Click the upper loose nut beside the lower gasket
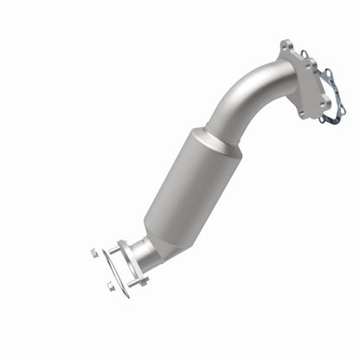pyautogui.click(x=93, y=252)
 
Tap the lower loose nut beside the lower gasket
pyautogui.click(x=111, y=286)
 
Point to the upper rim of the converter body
pyautogui.click(x=212, y=143)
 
